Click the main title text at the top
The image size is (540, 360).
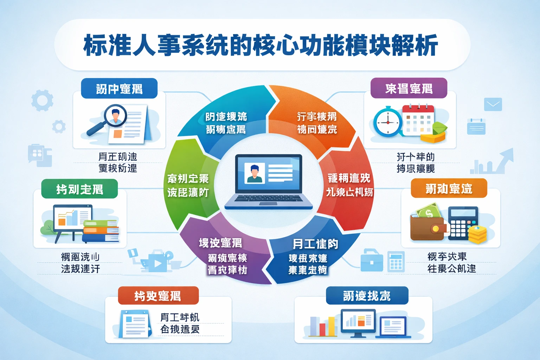click(x=261, y=45)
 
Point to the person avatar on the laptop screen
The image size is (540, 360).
click(x=255, y=173)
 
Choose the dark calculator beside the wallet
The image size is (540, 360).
click(x=462, y=223)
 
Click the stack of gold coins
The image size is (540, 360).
click(x=477, y=234)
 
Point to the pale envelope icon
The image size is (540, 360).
click(x=493, y=104)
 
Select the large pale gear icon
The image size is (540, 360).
click(x=42, y=101)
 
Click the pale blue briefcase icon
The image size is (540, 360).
click(x=372, y=261)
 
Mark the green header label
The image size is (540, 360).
click(x=79, y=189)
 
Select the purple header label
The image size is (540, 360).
click(x=409, y=88)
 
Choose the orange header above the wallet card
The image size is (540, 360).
click(x=449, y=188)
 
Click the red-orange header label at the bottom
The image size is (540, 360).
click(x=158, y=296)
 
